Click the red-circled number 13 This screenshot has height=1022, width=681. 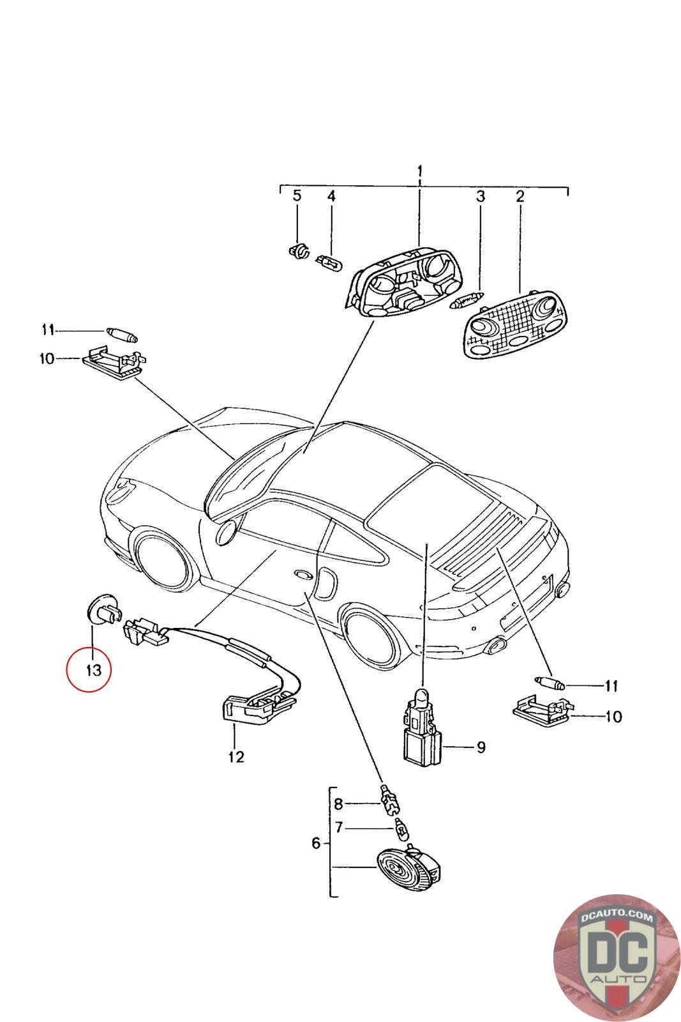click(x=93, y=671)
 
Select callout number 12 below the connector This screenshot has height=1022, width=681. click(x=236, y=757)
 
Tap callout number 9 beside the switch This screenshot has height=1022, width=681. click(x=481, y=747)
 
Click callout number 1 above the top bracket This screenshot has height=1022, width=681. click(x=420, y=172)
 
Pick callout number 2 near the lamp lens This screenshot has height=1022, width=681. click(x=520, y=196)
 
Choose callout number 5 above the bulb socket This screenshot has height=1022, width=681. click(x=297, y=195)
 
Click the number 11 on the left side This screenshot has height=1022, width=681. click(x=48, y=330)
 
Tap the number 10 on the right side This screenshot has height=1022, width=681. click(x=613, y=716)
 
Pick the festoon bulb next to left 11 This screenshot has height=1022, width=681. click(x=122, y=334)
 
